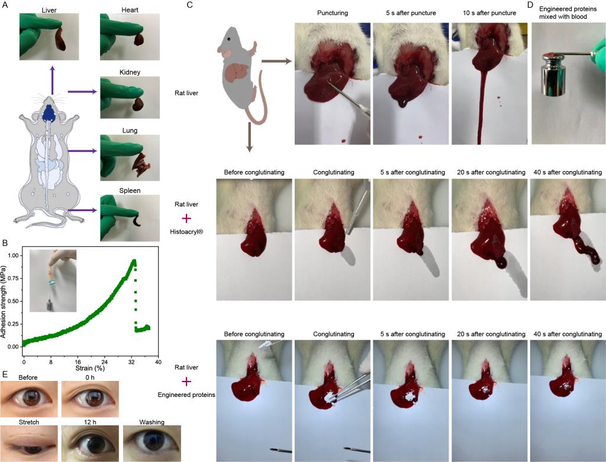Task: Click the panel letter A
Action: (x=5, y=5)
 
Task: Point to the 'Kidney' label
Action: (x=129, y=73)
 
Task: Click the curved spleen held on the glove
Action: (x=137, y=222)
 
